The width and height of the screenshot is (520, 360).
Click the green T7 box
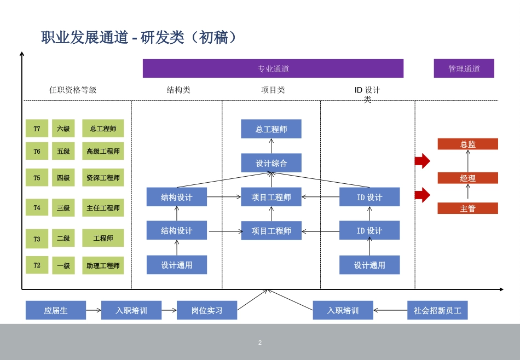[37, 129]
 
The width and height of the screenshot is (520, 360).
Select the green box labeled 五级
[63, 151]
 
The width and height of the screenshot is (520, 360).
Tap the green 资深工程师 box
[103, 177]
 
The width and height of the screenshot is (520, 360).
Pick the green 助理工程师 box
[103, 265]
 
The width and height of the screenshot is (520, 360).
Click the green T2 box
[37, 265]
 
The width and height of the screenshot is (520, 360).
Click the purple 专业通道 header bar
[273, 68]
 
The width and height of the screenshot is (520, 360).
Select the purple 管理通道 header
[464, 68]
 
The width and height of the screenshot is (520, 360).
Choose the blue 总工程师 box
[271, 129]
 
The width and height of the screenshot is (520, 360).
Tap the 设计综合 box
[271, 163]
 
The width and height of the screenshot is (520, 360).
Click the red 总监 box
[467, 144]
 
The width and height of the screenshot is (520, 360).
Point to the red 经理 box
[467, 178]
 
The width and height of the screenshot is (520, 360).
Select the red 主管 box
[467, 208]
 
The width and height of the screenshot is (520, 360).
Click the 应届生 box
[56, 310]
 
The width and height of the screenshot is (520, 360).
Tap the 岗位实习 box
[207, 310]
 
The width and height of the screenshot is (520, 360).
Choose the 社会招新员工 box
[437, 310]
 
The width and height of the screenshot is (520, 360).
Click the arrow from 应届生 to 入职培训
[94, 310]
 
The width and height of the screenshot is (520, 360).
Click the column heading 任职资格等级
[73, 90]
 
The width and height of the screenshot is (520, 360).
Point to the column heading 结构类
[178, 90]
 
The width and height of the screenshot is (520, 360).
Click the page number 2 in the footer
[260, 342]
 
